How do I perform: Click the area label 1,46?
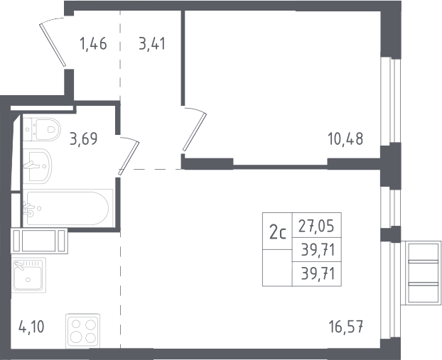93,44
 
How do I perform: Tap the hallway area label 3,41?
152,44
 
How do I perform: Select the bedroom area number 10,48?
345,139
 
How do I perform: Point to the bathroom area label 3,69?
84,138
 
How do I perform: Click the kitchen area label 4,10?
31,327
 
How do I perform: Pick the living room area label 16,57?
346,327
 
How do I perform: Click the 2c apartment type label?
278,233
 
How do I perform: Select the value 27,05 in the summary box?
316,226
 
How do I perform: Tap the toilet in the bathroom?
42,129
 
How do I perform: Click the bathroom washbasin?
37,166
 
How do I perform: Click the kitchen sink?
28,276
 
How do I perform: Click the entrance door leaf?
53,45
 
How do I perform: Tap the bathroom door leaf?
129,158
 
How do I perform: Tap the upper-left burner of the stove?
76,324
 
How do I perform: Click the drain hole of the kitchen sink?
28,280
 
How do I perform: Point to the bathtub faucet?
28,209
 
